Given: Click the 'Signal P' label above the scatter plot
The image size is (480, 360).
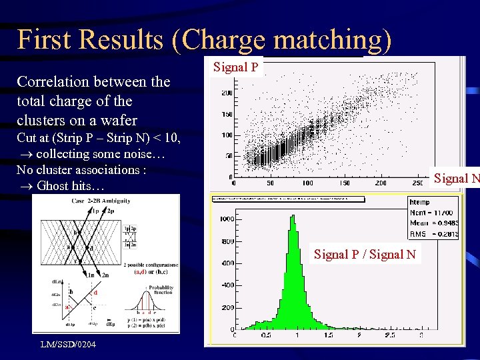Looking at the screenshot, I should pyautogui.click(x=236, y=67).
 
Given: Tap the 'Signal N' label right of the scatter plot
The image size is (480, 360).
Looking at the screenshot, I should pyautogui.click(x=457, y=178).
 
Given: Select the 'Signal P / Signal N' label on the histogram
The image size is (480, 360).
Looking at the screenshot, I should pyautogui.click(x=365, y=254).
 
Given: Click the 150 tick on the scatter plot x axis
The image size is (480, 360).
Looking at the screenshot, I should pyautogui.click(x=344, y=183).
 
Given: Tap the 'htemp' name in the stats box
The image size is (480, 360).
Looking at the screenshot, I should pyautogui.click(x=420, y=202).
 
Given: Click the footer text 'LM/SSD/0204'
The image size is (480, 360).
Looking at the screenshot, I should pyautogui.click(x=68, y=344).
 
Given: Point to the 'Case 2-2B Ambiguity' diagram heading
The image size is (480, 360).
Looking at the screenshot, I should pyautogui.click(x=101, y=200).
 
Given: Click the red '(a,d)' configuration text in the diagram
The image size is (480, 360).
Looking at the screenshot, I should pyautogui.click(x=141, y=271).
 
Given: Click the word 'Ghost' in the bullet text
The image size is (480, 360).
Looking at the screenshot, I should pyautogui.click(x=54, y=185).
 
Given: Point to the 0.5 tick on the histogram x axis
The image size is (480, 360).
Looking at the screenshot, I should pyautogui.click(x=265, y=335).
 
